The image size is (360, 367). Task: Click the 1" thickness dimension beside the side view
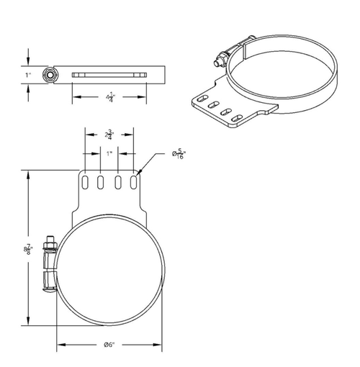point(27,74)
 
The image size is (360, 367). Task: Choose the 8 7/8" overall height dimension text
point(27,249)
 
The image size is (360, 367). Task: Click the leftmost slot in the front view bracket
point(85,182)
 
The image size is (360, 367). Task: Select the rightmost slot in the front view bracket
point(135,182)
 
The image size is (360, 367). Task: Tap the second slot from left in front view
point(102,182)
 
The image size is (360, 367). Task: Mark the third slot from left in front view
point(118,182)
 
